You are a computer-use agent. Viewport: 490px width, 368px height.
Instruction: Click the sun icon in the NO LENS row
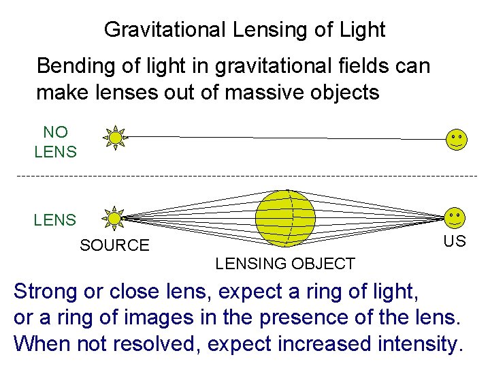tap(116, 138)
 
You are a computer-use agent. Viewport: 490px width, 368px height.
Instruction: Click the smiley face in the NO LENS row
tap(456, 139)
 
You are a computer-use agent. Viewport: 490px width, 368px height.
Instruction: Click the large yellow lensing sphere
tap(286, 217)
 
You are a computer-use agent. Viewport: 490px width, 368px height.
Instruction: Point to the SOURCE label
tap(114, 245)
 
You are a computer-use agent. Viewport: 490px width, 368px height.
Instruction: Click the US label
tap(454, 241)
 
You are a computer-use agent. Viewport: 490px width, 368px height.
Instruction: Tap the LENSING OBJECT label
tap(285, 264)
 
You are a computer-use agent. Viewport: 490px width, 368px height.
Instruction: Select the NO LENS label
tap(55, 142)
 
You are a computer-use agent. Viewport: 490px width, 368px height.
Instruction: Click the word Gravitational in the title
tap(161, 30)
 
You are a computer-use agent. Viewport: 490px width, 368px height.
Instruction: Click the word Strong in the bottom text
tap(46, 292)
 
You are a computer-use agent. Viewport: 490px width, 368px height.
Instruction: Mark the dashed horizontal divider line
tap(245, 177)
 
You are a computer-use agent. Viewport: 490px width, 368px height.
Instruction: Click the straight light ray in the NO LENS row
tap(286, 138)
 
